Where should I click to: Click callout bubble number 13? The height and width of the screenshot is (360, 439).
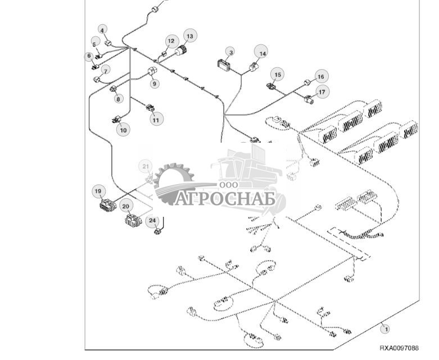coord(189,37)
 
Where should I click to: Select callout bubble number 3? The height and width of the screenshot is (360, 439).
coord(230,52)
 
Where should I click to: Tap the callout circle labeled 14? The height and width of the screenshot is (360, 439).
coord(261,52)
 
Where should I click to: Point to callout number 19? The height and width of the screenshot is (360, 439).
coord(98,192)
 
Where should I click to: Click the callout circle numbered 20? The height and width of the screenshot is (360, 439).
coord(126,206)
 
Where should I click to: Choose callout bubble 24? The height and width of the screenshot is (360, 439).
coord(152,221)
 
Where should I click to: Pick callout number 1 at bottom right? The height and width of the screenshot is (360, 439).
coord(386,327)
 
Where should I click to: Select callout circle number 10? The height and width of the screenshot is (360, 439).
coord(123,130)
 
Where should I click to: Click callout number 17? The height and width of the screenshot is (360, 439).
coord(322,92)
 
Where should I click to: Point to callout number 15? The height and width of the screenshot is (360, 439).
coord(277,74)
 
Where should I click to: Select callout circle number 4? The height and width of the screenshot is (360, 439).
coord(102,29)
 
